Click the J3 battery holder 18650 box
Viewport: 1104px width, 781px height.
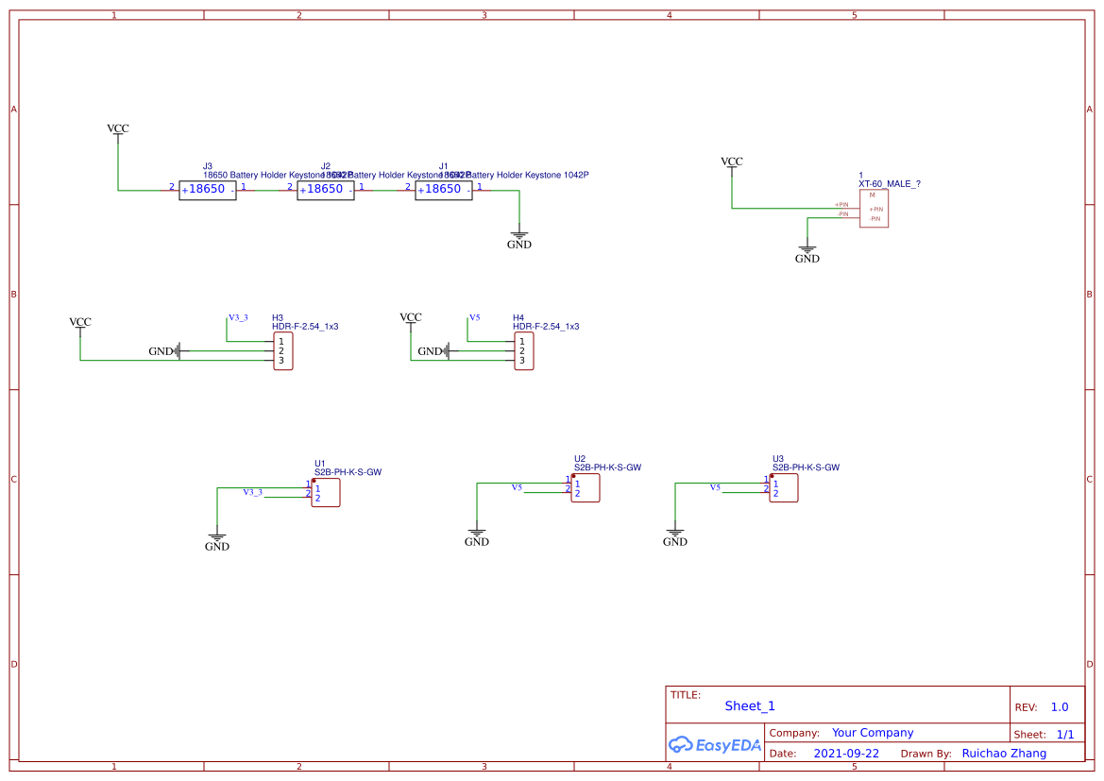[207, 190]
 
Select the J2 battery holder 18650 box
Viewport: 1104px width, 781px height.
[325, 190]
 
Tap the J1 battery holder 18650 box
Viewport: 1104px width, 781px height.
[443, 190]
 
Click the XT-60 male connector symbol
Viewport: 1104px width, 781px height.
[874, 208]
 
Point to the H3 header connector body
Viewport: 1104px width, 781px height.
[282, 351]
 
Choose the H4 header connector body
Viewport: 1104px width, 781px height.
[523, 351]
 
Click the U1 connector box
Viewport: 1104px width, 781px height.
[325, 493]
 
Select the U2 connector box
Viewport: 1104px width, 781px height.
[585, 488]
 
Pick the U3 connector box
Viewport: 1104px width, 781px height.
[783, 488]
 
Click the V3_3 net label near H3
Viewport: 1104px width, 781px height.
[238, 317]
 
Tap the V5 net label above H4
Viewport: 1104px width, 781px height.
[475, 317]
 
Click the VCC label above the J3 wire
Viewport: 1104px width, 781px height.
[118, 128]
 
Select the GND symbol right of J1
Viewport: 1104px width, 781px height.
[519, 239]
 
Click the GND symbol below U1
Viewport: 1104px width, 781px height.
[217, 541]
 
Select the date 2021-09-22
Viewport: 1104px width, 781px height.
[846, 754]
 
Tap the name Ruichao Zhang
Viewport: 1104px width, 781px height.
[1004, 754]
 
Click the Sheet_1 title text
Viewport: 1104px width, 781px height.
[750, 706]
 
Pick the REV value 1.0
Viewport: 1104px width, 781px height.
[1060, 707]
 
